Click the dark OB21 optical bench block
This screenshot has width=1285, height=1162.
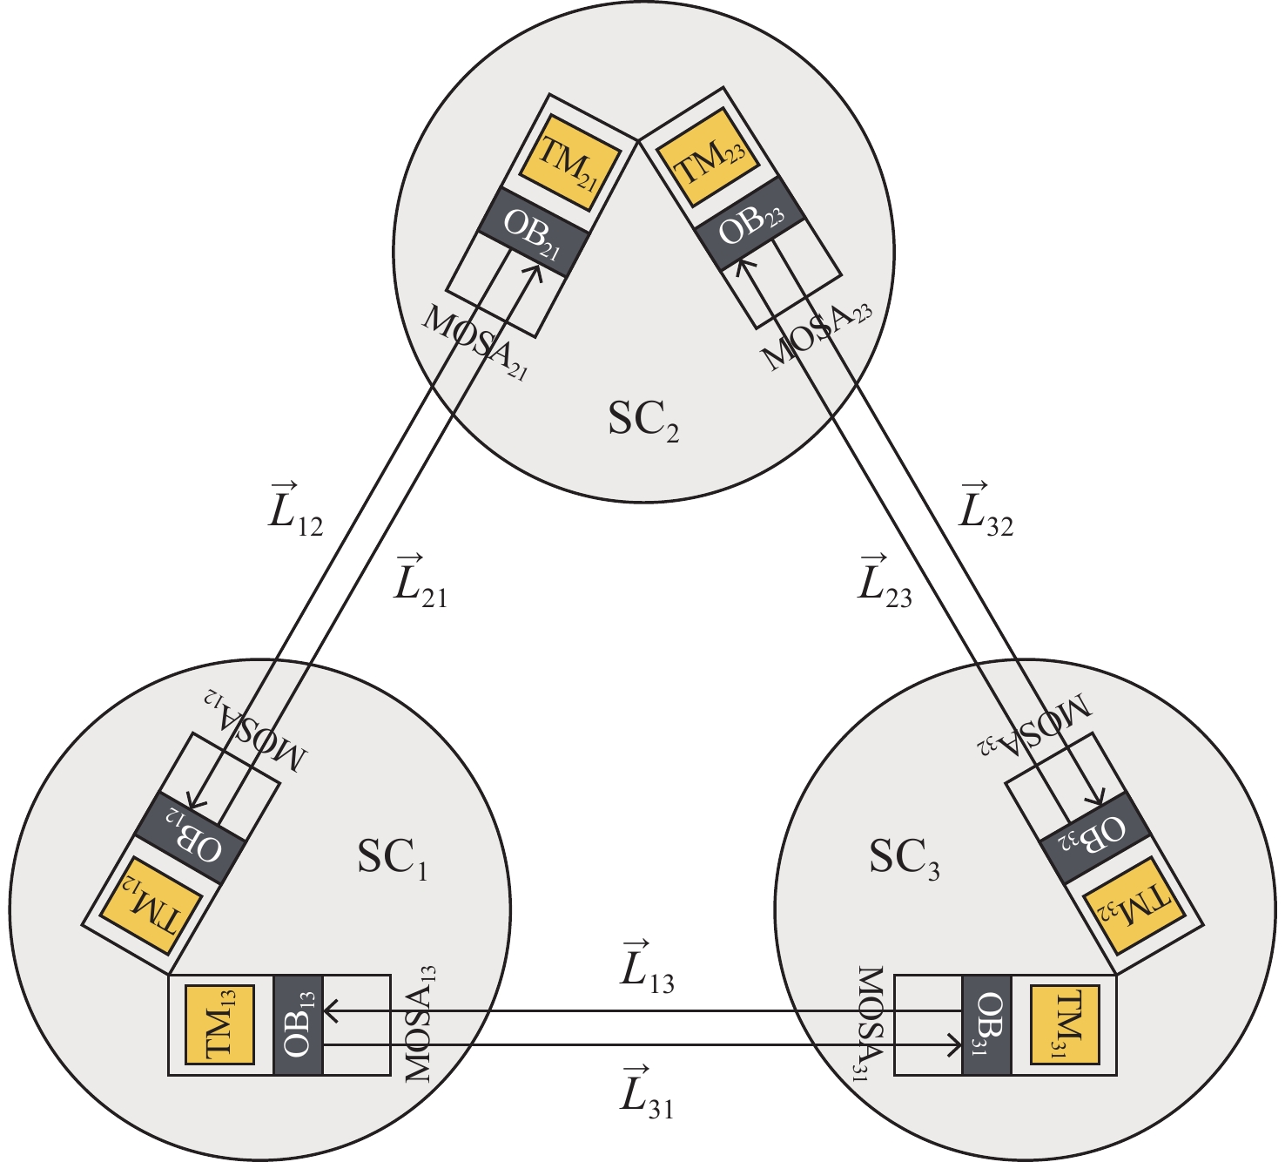tap(533, 233)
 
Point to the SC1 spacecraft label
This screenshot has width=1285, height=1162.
tap(392, 861)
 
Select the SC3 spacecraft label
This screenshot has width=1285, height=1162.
tap(904, 861)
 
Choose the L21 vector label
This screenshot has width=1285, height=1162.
tap(420, 580)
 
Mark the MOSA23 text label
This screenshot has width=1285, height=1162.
tap(817, 338)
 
